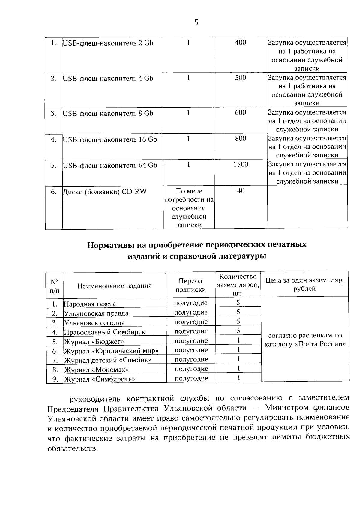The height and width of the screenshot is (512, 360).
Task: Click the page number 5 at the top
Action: click(x=196, y=22)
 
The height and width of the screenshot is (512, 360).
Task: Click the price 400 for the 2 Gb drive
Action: click(x=241, y=43)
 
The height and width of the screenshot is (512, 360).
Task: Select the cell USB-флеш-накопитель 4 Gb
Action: click(x=108, y=78)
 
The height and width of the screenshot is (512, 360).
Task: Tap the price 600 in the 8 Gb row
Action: click(x=241, y=112)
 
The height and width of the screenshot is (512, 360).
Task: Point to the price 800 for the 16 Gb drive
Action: click(x=241, y=138)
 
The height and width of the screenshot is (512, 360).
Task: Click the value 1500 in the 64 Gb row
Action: click(x=241, y=164)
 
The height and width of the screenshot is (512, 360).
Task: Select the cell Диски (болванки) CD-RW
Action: click(x=105, y=191)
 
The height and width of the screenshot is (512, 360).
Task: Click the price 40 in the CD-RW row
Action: click(x=241, y=190)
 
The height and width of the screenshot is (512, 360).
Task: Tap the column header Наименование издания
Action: click(x=115, y=286)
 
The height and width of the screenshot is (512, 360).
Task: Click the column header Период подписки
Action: click(x=191, y=285)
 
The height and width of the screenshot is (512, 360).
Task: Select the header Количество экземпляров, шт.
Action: click(x=238, y=285)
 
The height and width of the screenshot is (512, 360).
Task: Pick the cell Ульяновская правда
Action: click(x=96, y=313)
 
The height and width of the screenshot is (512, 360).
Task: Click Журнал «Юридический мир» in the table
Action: click(x=111, y=351)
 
